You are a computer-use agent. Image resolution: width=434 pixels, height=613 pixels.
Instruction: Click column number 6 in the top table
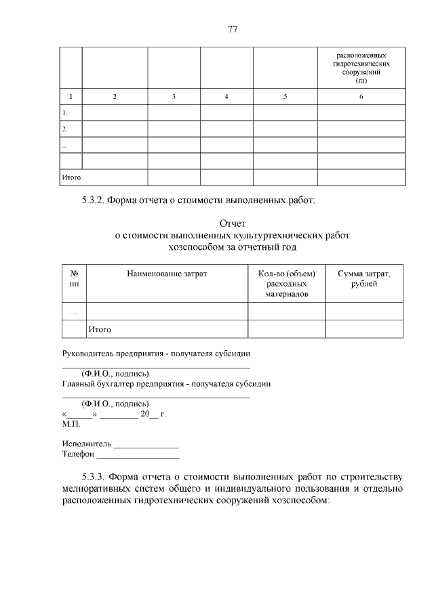(x=361, y=97)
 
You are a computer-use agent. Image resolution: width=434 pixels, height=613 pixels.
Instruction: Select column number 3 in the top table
(x=174, y=97)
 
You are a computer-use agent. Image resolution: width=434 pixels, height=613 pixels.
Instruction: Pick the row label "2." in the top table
(x=64, y=129)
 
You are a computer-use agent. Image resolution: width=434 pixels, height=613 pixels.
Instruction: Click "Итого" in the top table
(x=71, y=177)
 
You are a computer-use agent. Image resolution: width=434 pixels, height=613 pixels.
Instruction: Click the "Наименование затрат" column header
(x=166, y=273)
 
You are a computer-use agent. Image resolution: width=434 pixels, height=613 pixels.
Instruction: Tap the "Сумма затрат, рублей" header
(x=364, y=278)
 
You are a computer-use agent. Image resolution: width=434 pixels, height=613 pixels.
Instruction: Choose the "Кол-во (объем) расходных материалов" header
(x=287, y=284)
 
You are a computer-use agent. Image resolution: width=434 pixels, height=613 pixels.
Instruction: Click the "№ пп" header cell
(x=74, y=278)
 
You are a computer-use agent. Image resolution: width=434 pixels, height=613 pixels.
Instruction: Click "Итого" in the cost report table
(x=99, y=329)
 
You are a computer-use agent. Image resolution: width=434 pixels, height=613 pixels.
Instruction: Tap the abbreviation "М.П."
(x=71, y=424)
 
